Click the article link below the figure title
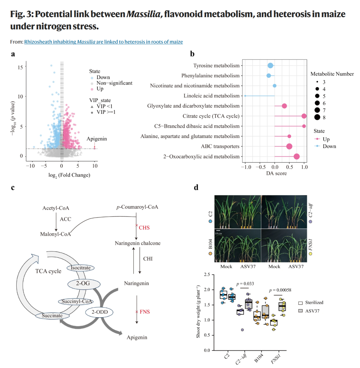pos(103,42)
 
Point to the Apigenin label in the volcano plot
pos(97,139)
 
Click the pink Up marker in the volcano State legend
pos(92,89)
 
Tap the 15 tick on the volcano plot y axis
pos(20,67)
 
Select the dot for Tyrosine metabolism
pos(270,65)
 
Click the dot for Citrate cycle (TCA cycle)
pos(304,116)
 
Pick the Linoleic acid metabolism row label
pos(211,96)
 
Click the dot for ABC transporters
pos(289,146)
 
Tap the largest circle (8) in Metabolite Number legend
pos(317,117)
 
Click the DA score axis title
pos(276,173)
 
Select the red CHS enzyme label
pos(144,228)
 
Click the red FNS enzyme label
pos(145,312)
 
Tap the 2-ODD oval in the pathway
pos(100,312)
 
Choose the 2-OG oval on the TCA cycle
pos(84,284)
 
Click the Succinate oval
pos(52,316)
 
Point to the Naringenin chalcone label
pos(138,243)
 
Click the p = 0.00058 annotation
pos(280,290)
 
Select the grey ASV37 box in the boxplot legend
pos(300,311)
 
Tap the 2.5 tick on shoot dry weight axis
pos(207,275)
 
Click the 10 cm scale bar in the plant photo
pos(218,231)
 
